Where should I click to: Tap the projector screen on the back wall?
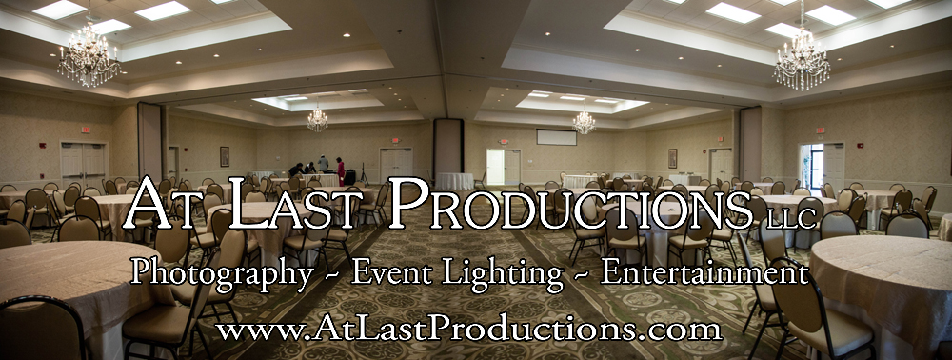click(x=556, y=137)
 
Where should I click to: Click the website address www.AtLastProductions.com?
click(x=468, y=330)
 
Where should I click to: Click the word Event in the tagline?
click(x=391, y=273)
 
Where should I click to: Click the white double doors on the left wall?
click(x=83, y=163)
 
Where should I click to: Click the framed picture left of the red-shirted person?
click(x=225, y=156)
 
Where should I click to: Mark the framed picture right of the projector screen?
click(x=672, y=158)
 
